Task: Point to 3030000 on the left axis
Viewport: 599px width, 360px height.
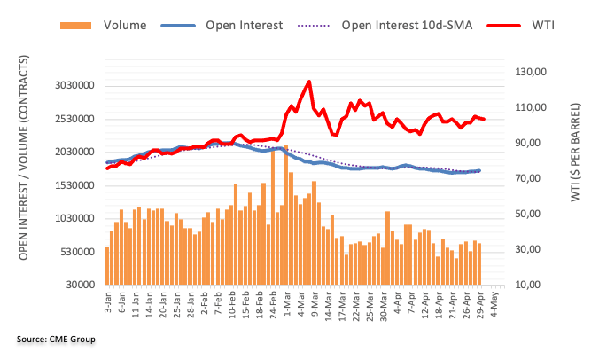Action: tap(71, 86)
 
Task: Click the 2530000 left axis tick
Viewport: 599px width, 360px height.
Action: tap(71, 119)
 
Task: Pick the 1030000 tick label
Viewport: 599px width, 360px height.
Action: tap(71, 218)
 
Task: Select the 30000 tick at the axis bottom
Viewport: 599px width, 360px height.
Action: tap(80, 285)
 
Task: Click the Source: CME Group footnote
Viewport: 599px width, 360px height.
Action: tap(55, 340)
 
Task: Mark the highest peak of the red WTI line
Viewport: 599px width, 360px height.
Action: tap(307, 82)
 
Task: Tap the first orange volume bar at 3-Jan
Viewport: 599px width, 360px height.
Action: tap(107, 265)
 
